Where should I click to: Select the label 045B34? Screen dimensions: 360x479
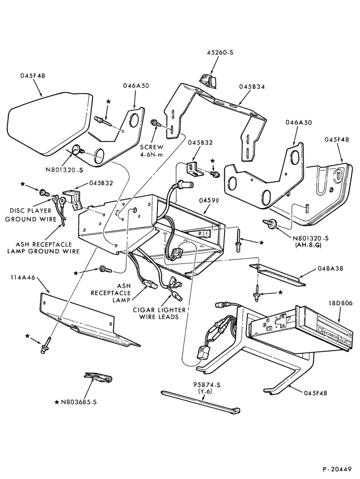tap(252, 87)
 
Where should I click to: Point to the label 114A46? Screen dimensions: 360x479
tap(23, 277)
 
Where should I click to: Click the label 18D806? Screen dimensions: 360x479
tap(340, 303)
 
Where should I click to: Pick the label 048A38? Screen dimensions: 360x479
tap(330, 268)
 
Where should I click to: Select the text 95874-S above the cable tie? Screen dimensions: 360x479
tap(206, 385)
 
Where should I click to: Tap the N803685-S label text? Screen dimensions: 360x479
tap(79, 402)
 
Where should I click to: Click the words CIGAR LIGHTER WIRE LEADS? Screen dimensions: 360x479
tap(159, 314)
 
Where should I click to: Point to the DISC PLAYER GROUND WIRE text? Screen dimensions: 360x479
tap(31, 215)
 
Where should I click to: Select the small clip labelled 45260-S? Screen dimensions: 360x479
tap(208, 81)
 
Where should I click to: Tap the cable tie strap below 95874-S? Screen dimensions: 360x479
tap(200, 402)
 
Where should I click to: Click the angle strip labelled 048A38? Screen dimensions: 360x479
tap(277, 275)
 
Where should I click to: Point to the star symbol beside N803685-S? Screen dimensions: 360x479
tap(56, 403)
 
